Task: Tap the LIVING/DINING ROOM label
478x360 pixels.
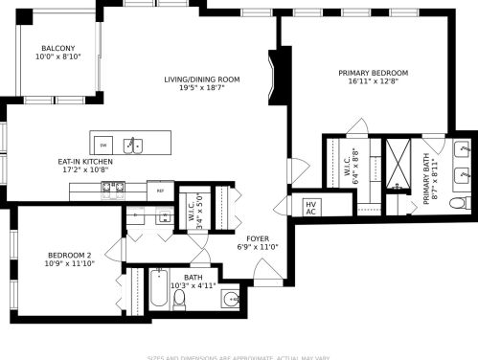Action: coord(201,79)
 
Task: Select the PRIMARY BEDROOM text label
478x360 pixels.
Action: coord(373,73)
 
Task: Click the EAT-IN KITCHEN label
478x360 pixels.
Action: coord(85,162)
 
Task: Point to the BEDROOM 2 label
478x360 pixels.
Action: coord(69,255)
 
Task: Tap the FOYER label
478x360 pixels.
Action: coord(258,238)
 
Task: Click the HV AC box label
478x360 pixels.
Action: coord(310,207)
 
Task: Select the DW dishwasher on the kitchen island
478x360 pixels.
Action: coord(103,145)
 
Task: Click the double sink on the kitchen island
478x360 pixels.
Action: coord(137,146)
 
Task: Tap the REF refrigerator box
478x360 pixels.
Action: coord(161,191)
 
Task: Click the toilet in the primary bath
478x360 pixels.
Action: coord(458,203)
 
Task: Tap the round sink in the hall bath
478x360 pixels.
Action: coord(230,299)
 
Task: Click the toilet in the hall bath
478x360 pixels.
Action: coord(179,298)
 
